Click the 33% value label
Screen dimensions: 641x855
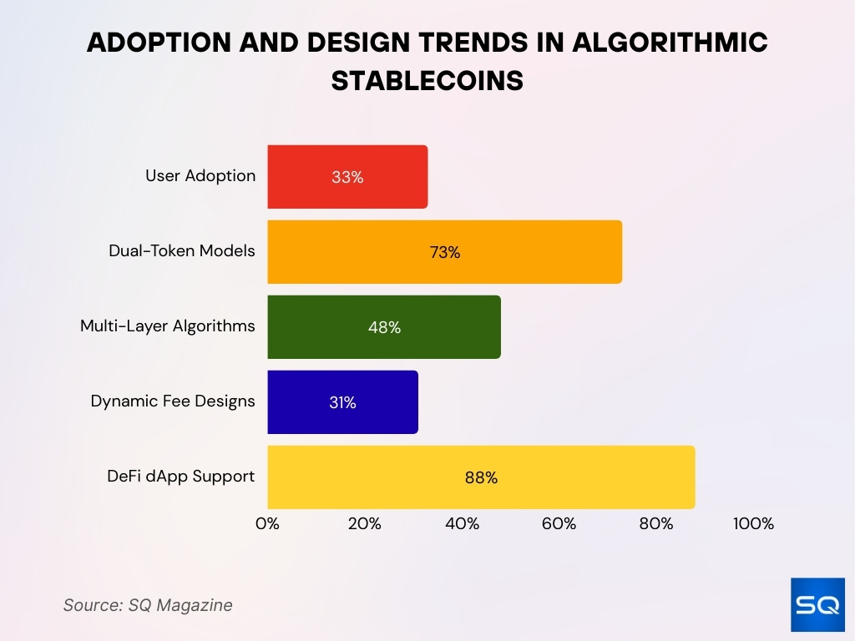pos(347,177)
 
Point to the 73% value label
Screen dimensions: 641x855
pos(444,252)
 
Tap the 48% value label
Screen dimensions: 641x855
pos(384,327)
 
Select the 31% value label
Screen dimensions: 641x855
pos(342,402)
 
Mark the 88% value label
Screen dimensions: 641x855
pos(481,477)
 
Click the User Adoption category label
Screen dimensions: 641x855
pos(200,175)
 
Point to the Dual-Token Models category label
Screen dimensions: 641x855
pos(182,250)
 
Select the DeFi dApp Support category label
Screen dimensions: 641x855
pos(180,476)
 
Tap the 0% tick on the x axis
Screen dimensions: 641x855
pos(267,524)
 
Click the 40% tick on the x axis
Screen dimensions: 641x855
pos(462,524)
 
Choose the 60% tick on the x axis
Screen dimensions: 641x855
pos(559,524)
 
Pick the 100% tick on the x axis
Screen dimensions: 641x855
pos(753,524)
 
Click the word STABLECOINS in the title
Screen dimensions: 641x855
pos(427,80)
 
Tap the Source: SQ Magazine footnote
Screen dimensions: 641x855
pos(148,605)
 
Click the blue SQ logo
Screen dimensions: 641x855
pos(817,605)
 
